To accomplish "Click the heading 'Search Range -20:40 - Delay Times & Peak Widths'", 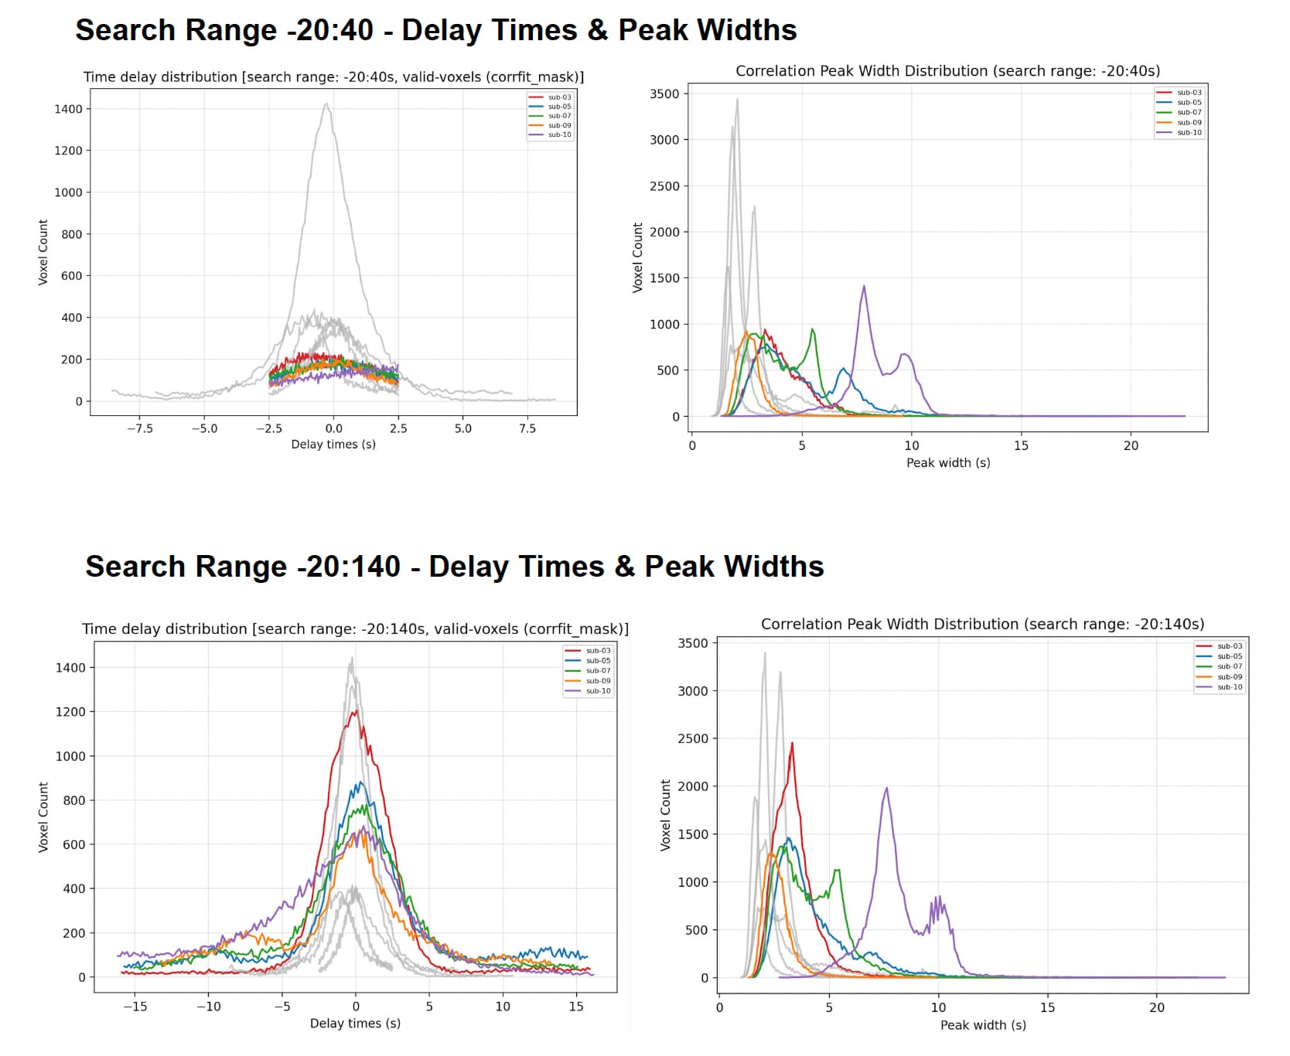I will point(435,30).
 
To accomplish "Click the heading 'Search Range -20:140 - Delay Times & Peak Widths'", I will point(454,567).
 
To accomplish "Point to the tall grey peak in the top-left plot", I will point(326,105).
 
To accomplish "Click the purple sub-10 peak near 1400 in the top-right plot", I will point(863,288).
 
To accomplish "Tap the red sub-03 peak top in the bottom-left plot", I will point(355,712).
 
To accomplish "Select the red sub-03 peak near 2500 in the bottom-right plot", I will point(792,744).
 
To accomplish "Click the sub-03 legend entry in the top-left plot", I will point(559,97).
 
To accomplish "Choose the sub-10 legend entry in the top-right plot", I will point(1189,133).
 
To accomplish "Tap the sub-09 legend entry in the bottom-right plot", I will point(1229,677).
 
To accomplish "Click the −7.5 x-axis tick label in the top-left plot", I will point(139,428).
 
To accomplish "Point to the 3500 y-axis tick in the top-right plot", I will point(664,94).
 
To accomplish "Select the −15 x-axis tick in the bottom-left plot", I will point(135,1007).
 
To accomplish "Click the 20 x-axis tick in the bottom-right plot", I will point(1156,1007).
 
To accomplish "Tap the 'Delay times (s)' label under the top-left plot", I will point(333,445).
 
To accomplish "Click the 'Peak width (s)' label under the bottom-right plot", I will point(983,1025).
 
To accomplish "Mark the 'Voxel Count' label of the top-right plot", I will point(638,257).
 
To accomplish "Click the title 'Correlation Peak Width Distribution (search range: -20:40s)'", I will point(947,71).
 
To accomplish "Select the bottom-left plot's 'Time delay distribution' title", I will point(355,629).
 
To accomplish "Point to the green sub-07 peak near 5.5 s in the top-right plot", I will point(813,330).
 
